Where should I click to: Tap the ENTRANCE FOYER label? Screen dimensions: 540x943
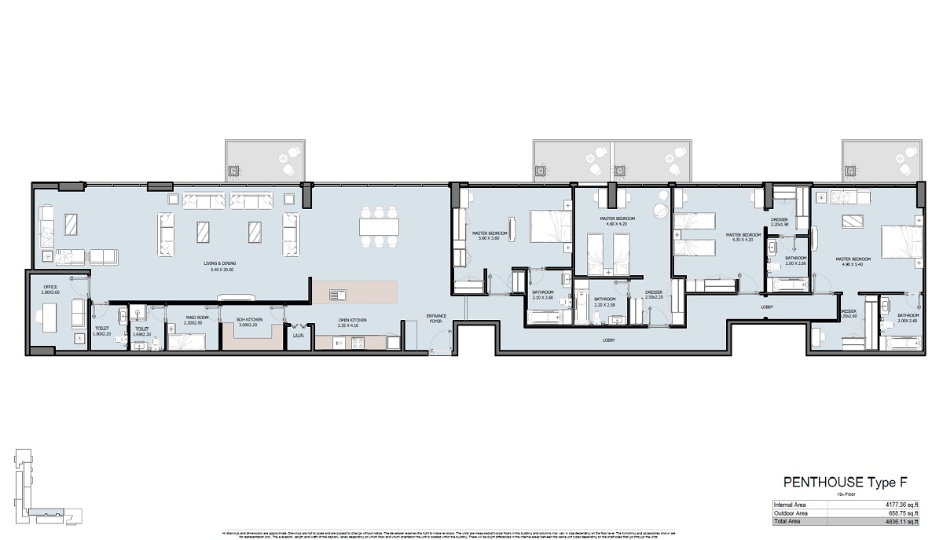pos(436,318)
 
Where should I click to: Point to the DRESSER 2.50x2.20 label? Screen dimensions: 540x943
pos(655,296)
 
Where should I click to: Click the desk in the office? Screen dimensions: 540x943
pos(45,319)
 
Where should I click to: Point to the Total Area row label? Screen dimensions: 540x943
pos(788,520)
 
